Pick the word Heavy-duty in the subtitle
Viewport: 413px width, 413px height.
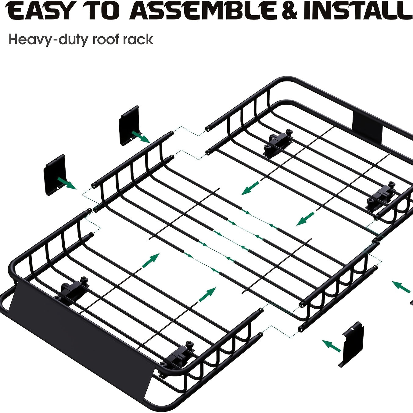pos(49,40)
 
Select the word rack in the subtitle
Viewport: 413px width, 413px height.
pos(138,39)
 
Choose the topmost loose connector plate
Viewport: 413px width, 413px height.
pos(129,126)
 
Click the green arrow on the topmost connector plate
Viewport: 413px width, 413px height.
pos(141,137)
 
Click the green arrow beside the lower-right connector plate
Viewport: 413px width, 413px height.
pos(331,346)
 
